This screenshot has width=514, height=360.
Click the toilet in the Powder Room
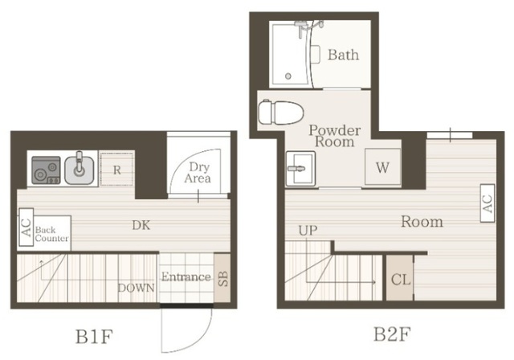coord(279,112)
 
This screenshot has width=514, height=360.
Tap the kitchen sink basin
coord(80,170)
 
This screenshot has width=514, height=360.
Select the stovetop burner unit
coord(46,170)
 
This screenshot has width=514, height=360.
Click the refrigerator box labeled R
coord(116,170)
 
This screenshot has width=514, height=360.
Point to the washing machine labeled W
coord(383,167)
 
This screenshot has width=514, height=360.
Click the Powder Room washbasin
coord(300,169)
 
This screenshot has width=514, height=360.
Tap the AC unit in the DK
coord(27,227)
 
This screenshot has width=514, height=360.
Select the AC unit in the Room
coord(487,203)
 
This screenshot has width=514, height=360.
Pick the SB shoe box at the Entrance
coord(222,278)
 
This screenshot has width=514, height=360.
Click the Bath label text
coord(343,55)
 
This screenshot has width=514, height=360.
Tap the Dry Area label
coord(198,173)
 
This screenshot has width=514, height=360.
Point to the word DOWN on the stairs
coord(136,288)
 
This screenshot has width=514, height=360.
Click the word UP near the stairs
coord(308,231)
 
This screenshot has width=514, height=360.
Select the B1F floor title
coord(95,336)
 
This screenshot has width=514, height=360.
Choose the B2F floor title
coord(392,333)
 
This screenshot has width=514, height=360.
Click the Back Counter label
coord(51,234)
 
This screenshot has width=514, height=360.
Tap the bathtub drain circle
coord(288,76)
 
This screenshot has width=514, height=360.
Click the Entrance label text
coord(186,276)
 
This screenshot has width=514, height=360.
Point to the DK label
coord(141,225)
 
